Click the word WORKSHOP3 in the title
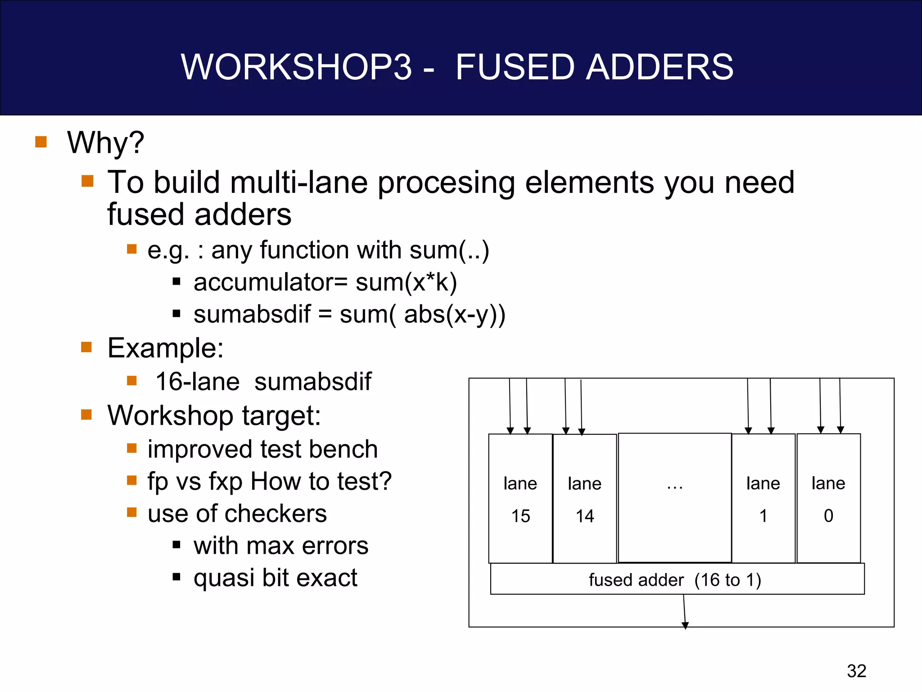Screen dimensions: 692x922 pos(296,67)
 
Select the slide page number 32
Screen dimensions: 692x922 pos(856,671)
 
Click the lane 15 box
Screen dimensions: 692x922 pos(520,498)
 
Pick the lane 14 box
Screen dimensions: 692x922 pos(584,498)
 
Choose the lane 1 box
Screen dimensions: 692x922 pos(763,498)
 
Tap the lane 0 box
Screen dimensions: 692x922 pos(828,498)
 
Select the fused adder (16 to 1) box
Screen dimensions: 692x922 pos(677,579)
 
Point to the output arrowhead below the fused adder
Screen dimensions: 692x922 pos(685,625)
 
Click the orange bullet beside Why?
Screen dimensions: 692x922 pos(41,142)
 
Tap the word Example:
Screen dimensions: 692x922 pos(165,348)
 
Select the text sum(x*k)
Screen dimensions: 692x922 pos(406,282)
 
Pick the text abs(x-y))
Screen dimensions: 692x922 pos(455,314)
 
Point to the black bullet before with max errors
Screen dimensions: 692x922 pos(176,545)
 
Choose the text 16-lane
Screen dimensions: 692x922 pos(197,382)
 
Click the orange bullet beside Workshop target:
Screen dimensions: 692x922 pos(86,414)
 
